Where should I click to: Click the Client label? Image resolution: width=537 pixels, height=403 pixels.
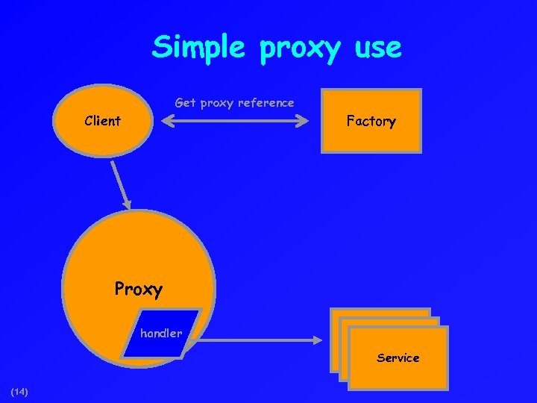click(x=103, y=121)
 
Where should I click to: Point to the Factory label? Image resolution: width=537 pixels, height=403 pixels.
click(x=371, y=121)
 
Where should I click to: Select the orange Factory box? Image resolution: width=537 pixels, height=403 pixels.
click(x=371, y=138)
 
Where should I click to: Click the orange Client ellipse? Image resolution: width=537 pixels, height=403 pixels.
click(x=103, y=138)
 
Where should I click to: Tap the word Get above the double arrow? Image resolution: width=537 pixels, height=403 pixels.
click(x=185, y=103)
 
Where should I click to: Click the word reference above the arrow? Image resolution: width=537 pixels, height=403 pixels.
click(x=266, y=103)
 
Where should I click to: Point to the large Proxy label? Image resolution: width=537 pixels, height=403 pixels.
click(x=138, y=288)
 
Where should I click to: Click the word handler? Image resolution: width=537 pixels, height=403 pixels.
click(x=161, y=334)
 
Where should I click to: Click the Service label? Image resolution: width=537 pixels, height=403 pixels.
click(x=398, y=358)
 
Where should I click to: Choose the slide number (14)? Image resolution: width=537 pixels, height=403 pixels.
click(x=19, y=391)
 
